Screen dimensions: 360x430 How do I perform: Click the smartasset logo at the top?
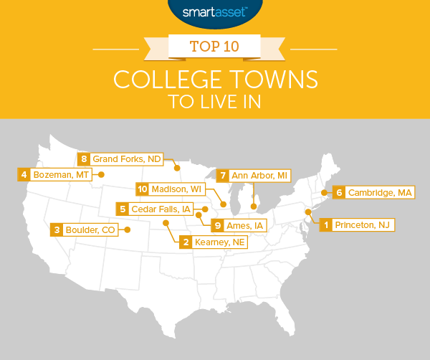coord(214,12)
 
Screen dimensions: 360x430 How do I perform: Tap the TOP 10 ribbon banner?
coord(214,49)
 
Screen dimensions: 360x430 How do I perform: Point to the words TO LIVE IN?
coord(214,101)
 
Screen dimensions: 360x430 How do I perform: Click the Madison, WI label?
coord(177,189)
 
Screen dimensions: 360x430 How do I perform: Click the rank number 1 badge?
coord(326,225)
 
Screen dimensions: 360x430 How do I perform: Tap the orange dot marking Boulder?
coord(128,230)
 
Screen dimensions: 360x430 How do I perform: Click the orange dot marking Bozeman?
coord(100,174)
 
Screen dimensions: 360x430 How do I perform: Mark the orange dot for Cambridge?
coord(323,192)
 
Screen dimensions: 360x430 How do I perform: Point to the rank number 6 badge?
coord(339,192)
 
